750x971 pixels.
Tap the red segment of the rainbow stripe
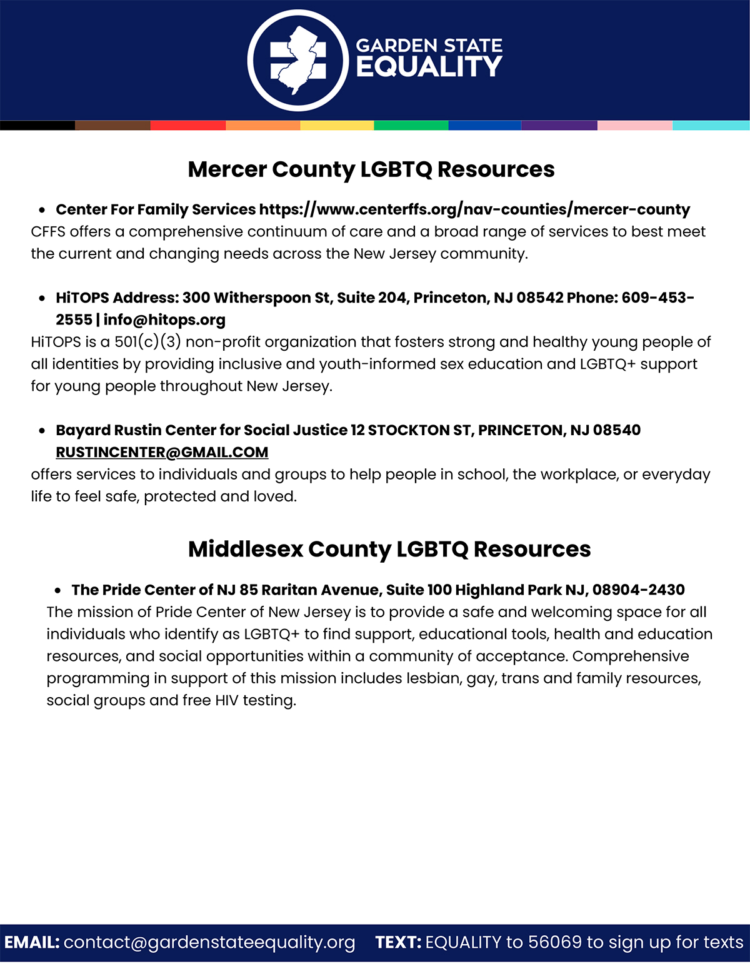(x=187, y=125)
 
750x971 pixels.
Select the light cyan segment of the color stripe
(x=711, y=125)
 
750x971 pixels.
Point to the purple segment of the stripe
(x=559, y=125)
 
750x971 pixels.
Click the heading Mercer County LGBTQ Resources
(x=371, y=169)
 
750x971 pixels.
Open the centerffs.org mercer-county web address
(x=474, y=209)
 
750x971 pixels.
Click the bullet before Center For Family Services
(x=42, y=210)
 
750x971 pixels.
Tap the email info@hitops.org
(x=164, y=320)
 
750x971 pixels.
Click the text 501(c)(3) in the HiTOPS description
(x=147, y=342)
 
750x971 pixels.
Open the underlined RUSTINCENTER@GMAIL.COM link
(x=162, y=452)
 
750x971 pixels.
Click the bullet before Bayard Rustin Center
(x=42, y=431)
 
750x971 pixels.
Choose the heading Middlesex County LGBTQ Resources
(x=389, y=549)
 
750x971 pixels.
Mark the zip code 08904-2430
(x=638, y=590)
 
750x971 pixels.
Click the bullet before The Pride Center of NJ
(x=57, y=590)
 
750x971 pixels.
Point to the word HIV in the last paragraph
(x=227, y=700)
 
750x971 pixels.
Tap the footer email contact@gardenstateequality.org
(x=209, y=942)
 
